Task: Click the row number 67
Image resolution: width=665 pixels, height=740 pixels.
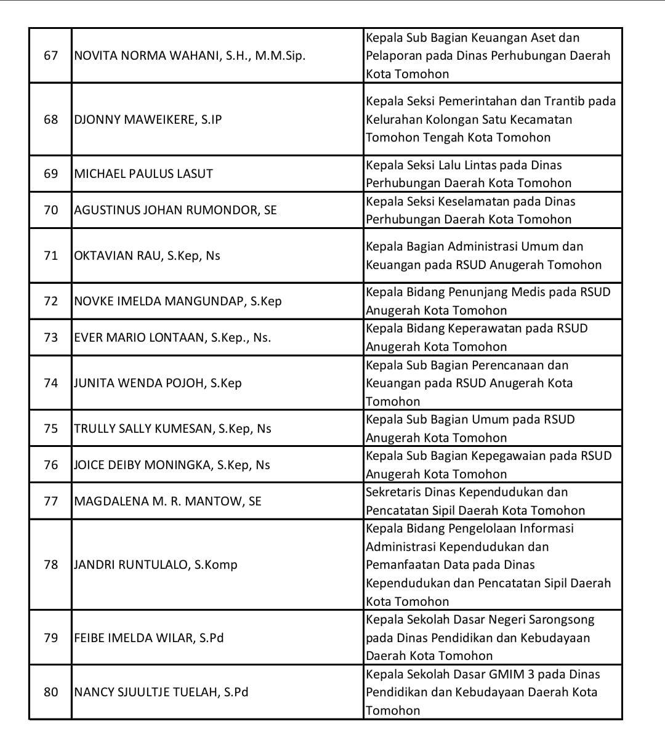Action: coord(50,56)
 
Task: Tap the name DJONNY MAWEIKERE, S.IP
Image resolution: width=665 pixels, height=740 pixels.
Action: coord(148,119)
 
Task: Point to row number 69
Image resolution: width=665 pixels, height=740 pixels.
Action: coord(50,174)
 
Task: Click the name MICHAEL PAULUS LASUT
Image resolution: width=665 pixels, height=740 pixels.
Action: coord(143,174)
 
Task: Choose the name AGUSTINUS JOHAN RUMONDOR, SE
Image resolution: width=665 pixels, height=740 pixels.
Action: coord(175,210)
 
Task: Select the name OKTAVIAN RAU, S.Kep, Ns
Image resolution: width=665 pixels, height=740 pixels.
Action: coord(147,255)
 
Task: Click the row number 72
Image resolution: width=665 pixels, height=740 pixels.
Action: coord(50,301)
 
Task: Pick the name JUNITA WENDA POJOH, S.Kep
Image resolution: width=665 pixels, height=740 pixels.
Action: coord(158,383)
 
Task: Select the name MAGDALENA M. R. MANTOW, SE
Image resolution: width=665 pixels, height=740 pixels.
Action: coord(167,501)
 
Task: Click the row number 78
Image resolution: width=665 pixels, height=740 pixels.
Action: coord(50,565)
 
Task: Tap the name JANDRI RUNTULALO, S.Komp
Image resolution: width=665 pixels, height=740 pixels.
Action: coord(156,565)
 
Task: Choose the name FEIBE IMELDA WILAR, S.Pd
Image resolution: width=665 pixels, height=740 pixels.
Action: coord(149,638)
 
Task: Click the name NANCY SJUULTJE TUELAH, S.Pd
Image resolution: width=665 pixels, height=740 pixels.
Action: coord(161,692)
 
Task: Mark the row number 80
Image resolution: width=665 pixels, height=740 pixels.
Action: coord(50,692)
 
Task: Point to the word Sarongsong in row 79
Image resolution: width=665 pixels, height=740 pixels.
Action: coord(565,620)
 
